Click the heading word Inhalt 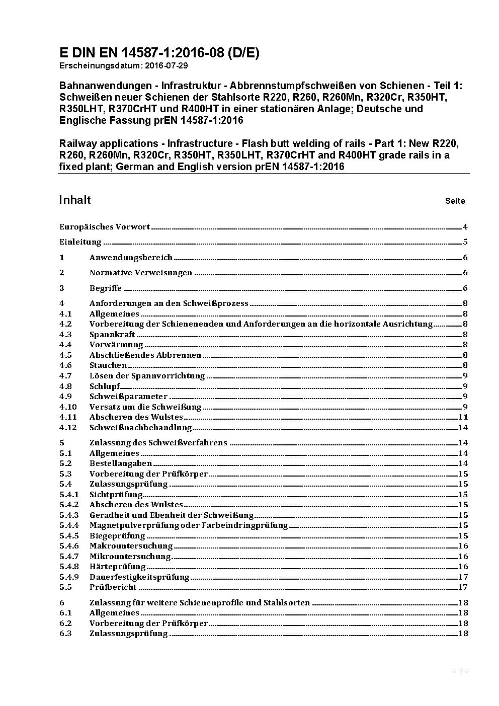(75, 200)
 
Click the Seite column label (455, 201)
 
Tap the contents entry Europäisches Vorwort (105, 227)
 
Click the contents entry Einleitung (80, 242)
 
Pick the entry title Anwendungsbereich (131, 258)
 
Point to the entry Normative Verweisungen (141, 273)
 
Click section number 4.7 (65, 376)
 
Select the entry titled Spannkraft (112, 335)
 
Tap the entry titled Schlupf (105, 386)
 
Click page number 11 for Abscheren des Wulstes (463, 417)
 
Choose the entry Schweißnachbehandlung (141, 428)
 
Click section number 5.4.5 (69, 536)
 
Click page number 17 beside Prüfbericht (463, 587)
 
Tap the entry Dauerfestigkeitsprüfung (139, 577)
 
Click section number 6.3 (65, 634)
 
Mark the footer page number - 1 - (460, 671)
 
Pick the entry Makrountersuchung (131, 546)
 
